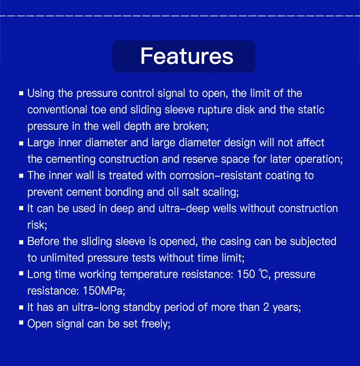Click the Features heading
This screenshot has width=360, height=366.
pos(187,56)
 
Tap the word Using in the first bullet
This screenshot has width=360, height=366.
pos(41,94)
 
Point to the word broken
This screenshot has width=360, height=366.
pos(190,126)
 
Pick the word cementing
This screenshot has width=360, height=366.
pos(71,160)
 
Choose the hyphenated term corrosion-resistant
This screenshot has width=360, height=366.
pos(216,176)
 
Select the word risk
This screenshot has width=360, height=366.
pos(37,225)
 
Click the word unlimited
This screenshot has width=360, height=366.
pos(62,258)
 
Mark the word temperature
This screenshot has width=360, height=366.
pos(149,274)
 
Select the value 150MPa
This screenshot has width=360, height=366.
pos(103,291)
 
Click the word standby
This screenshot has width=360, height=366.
pos(142,308)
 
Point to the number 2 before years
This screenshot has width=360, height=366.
pos(266,307)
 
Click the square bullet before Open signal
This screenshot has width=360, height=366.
pos(21,323)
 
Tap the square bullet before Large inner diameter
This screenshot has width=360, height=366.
pos(21,143)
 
